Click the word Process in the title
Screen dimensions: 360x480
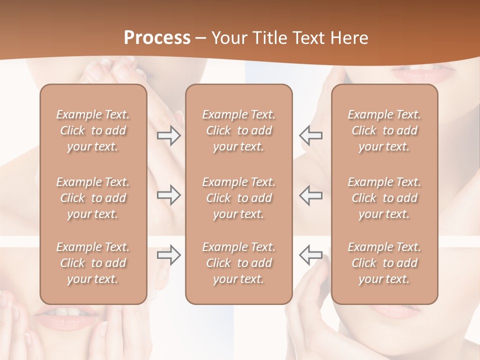click(157, 38)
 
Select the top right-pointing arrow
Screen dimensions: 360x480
click(169, 135)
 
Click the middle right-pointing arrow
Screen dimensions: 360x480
click(169, 195)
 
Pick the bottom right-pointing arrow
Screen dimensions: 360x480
click(169, 255)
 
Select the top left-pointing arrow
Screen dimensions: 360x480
click(310, 135)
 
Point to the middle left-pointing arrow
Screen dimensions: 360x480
click(310, 195)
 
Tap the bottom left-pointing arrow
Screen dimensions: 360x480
click(310, 255)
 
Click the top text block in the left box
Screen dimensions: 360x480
click(93, 130)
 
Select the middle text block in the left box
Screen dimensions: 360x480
click(93, 198)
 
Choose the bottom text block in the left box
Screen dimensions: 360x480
click(93, 263)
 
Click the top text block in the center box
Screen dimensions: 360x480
click(238, 130)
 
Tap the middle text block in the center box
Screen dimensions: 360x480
click(238, 198)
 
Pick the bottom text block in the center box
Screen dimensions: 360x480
click(238, 263)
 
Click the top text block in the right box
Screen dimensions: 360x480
click(384, 130)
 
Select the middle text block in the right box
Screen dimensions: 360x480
click(384, 198)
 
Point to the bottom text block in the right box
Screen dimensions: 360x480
click(384, 263)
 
